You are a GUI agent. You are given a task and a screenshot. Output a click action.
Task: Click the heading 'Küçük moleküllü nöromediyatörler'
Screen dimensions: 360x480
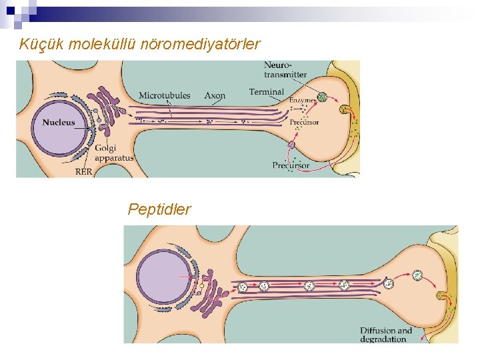[140, 45]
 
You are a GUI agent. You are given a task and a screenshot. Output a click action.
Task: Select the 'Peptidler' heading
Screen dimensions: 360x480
[159, 209]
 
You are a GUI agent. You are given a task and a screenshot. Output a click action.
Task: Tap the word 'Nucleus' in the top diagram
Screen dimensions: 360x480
[59, 123]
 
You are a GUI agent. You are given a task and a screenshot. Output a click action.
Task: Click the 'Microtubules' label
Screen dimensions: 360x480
[164, 95]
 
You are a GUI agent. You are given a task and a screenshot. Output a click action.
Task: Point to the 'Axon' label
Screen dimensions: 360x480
[215, 95]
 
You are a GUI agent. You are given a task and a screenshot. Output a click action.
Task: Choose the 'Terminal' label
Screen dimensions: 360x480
[266, 92]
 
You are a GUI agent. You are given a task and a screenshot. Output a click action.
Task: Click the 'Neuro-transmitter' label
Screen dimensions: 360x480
[285, 69]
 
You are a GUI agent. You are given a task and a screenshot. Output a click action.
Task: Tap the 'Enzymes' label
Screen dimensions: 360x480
[303, 100]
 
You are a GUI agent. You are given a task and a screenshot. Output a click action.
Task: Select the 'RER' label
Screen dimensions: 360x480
[84, 171]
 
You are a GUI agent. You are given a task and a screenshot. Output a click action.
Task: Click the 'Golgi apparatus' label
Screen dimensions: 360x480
[114, 153]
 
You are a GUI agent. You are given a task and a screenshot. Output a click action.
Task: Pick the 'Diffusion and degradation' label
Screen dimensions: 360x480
[386, 335]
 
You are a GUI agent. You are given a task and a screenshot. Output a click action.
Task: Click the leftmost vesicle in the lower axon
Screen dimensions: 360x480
[243, 287]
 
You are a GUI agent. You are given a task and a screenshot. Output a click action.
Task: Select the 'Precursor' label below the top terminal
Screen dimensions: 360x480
[291, 165]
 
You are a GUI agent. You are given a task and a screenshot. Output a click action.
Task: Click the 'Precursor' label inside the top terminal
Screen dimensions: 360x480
[304, 123]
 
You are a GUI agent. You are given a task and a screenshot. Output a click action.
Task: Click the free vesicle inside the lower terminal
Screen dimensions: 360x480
[417, 275]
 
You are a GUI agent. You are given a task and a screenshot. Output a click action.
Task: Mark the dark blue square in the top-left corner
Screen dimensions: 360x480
[10, 10]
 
